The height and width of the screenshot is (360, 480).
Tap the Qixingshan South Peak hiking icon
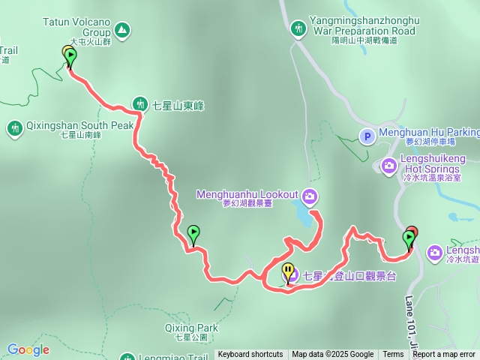pos(14,128)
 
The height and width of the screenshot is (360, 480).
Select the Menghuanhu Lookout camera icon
pos(310,196)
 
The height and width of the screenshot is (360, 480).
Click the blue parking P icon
pos(367,136)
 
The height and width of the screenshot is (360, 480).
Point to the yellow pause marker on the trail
pos(288,272)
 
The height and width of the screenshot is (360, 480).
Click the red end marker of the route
pos(412,234)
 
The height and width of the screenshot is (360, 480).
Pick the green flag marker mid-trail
pos(193,234)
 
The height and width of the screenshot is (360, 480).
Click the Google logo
pos(28,350)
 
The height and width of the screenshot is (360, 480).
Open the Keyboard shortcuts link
pos(250,355)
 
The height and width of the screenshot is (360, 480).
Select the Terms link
pos(393,355)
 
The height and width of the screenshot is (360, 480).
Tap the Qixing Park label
pos(191,328)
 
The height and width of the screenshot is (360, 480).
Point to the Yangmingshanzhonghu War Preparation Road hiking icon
pos(298,28)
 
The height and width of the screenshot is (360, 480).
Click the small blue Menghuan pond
pos(301,217)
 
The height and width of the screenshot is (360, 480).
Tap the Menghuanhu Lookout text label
pos(247,194)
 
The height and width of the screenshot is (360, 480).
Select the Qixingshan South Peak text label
pos(69,125)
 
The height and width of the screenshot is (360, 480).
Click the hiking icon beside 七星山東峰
pos(140,103)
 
